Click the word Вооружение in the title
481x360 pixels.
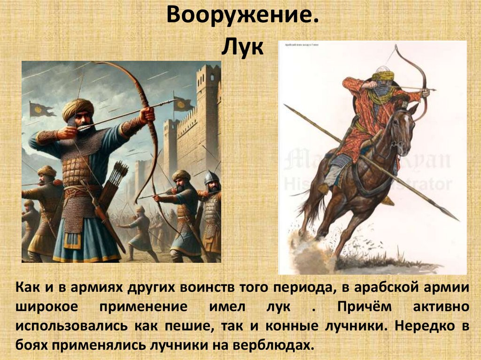[x=240, y=17]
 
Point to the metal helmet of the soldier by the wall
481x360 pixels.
[x=211, y=178]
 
